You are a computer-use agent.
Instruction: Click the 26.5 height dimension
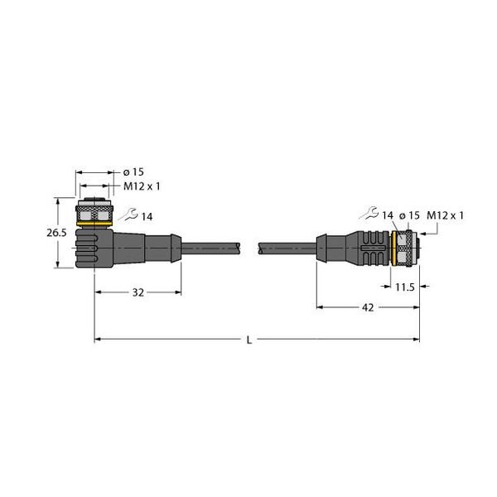point(56,234)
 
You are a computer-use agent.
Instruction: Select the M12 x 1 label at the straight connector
point(446,215)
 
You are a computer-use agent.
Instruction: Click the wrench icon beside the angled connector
point(127,216)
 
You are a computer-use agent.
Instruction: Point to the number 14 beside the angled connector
point(147,216)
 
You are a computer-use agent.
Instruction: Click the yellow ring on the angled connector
point(95,221)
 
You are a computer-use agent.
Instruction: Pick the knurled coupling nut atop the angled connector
point(95,208)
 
